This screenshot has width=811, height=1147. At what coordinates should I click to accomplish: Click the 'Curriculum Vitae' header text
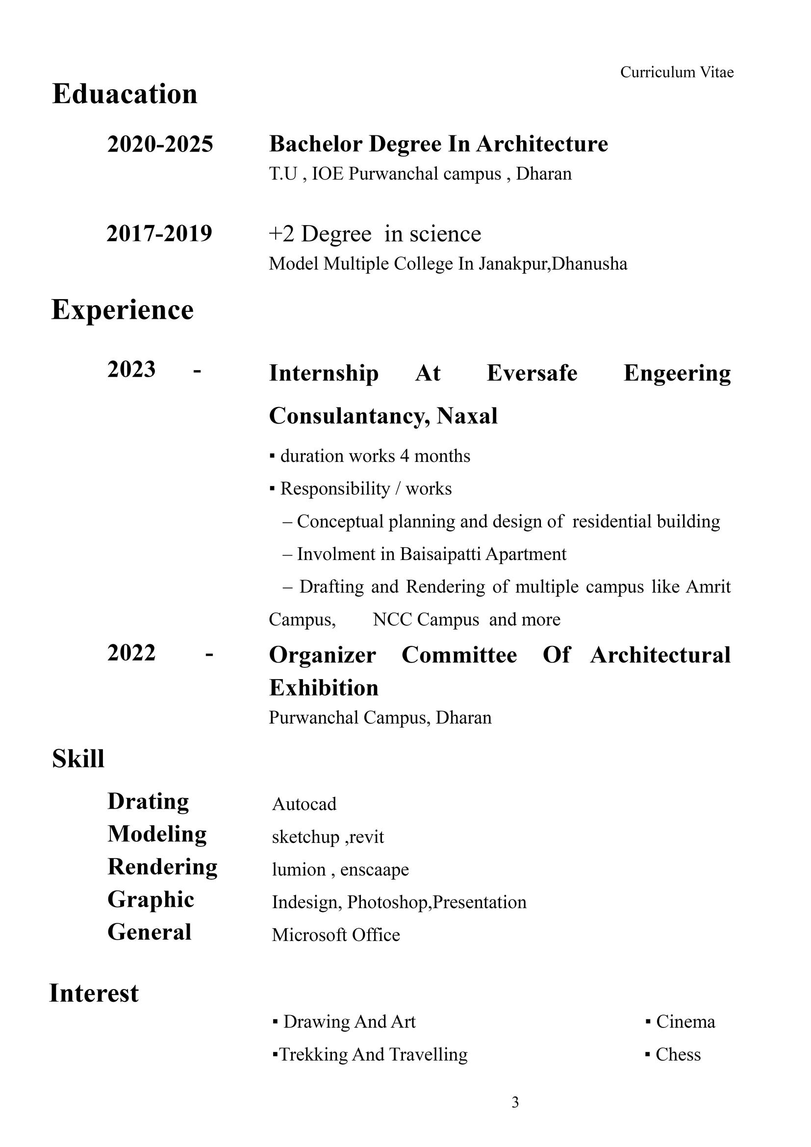click(677, 73)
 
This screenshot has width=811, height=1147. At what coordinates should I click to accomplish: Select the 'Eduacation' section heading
click(125, 94)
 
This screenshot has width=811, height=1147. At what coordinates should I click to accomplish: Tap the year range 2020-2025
click(160, 144)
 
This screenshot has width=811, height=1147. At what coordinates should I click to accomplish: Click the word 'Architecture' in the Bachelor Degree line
click(542, 144)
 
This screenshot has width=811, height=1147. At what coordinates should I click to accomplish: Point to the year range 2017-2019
click(159, 233)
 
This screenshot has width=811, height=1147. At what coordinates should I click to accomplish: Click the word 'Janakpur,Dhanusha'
click(553, 263)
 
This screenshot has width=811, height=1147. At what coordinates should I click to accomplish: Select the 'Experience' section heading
click(123, 310)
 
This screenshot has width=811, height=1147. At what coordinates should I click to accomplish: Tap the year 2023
click(131, 369)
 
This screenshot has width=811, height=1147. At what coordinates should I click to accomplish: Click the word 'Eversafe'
click(532, 373)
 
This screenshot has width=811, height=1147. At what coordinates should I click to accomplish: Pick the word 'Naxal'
click(467, 416)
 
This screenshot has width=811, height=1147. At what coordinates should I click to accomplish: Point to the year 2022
click(131, 652)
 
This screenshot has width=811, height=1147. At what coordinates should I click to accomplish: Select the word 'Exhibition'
click(324, 688)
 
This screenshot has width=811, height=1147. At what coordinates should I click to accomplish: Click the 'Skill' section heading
click(78, 758)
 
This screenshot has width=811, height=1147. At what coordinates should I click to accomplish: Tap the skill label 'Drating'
click(148, 801)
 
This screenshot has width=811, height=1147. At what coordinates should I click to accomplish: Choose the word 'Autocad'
click(304, 804)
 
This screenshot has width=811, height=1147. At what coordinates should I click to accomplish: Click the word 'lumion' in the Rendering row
click(299, 869)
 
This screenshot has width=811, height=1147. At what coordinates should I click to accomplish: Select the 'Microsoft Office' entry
click(335, 935)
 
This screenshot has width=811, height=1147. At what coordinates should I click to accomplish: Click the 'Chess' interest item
click(678, 1055)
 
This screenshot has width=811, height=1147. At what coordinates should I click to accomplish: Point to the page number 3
click(515, 1102)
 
